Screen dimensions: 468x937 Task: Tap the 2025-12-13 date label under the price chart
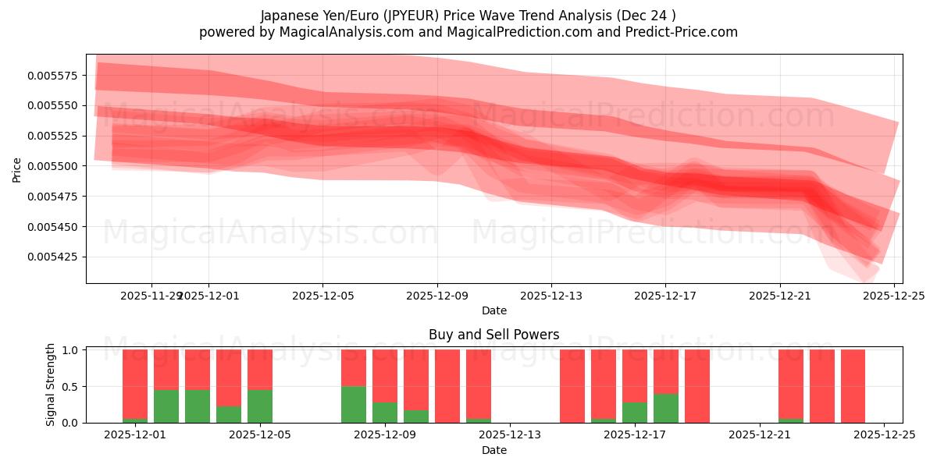[x=551, y=296]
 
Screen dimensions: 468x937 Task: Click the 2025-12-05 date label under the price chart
[x=322, y=296]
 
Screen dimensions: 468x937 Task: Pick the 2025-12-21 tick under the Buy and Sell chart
[x=759, y=434]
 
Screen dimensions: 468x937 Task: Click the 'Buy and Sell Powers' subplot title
[x=493, y=335]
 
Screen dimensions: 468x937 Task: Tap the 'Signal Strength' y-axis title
[x=51, y=385]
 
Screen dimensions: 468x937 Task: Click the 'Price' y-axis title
[x=17, y=169]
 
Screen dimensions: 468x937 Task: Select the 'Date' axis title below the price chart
[x=493, y=310]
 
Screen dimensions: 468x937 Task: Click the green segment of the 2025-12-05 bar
[x=260, y=406]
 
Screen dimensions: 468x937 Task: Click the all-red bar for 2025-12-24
[x=853, y=386]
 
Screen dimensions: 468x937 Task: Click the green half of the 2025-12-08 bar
[x=354, y=404]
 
